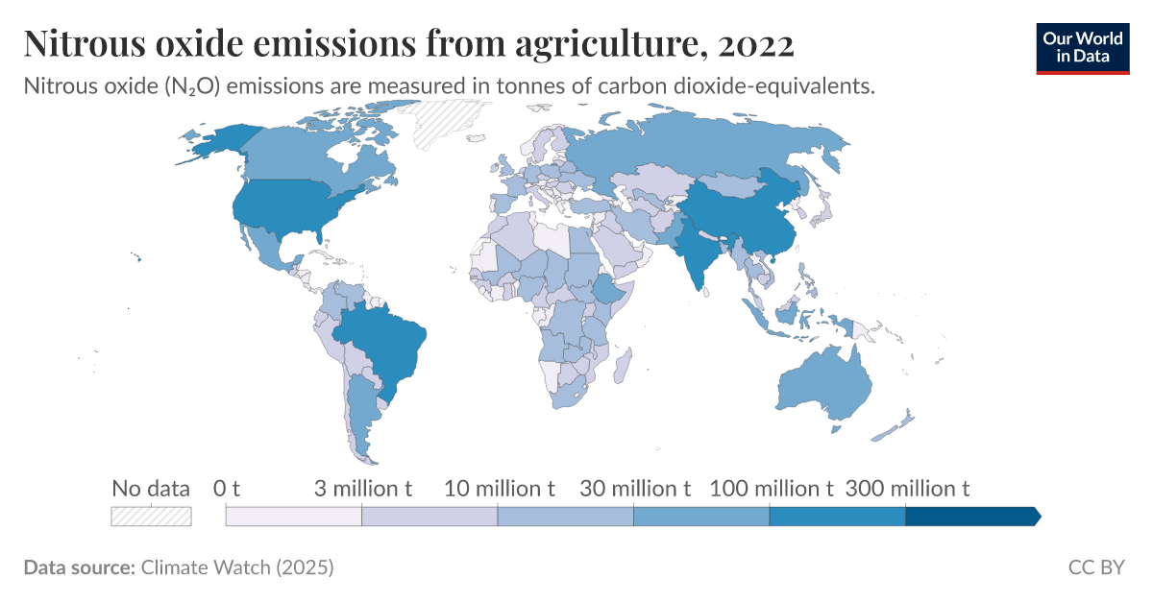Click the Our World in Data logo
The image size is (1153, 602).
tap(1083, 47)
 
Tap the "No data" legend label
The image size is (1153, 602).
tap(151, 489)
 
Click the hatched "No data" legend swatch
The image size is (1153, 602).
tap(151, 517)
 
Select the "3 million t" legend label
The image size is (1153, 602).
tap(362, 489)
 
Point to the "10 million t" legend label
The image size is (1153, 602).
tap(499, 489)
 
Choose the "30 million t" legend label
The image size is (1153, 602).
tap(635, 489)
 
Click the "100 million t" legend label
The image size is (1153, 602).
tap(771, 489)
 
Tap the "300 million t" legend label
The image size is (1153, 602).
tap(907, 489)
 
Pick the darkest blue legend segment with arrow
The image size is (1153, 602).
tap(970, 517)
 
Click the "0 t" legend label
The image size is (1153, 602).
tap(226, 489)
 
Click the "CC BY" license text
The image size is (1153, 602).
tap(1095, 568)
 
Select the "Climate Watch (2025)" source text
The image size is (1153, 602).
tap(237, 568)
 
